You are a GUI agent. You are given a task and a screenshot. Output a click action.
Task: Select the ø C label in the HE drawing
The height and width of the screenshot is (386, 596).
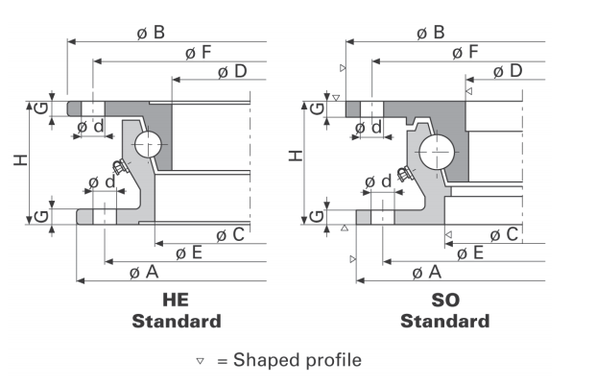(x=230, y=234)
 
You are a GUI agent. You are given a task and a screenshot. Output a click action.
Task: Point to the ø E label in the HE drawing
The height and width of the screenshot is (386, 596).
(x=189, y=253)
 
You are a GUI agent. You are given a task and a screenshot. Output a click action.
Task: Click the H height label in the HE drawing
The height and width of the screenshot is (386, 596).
(x=20, y=159)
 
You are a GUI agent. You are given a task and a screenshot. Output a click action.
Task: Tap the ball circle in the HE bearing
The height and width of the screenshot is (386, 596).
(x=150, y=145)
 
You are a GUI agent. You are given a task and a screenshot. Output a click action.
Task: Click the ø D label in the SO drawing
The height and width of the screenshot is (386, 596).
(x=508, y=71)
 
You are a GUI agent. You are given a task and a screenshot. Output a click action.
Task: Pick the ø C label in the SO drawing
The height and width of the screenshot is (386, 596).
(x=504, y=234)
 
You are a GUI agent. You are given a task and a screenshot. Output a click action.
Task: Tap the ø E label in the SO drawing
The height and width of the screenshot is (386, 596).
(x=470, y=253)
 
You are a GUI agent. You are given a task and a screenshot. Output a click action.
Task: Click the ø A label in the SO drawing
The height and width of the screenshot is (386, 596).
(x=426, y=273)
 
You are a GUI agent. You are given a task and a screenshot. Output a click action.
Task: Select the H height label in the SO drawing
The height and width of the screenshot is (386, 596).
(x=297, y=154)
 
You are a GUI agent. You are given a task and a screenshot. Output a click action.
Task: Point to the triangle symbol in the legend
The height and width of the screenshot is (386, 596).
(x=200, y=361)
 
